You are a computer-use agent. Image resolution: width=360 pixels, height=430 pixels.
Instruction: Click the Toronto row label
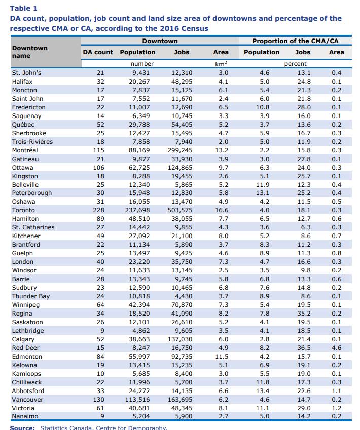click(23, 210)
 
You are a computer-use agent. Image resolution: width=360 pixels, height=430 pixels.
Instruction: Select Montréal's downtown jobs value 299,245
click(180, 150)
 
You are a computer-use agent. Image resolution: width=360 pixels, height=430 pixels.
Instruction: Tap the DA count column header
click(98, 52)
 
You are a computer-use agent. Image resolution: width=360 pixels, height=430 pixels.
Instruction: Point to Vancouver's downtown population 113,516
click(137, 400)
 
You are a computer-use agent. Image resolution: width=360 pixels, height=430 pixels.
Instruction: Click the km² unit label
click(221, 64)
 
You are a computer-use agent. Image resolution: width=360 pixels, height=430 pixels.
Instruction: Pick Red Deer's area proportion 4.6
click(336, 348)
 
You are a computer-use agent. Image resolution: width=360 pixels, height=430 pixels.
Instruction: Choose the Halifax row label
click(22, 82)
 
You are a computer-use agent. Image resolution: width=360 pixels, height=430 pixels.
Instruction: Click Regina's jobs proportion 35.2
click(304, 314)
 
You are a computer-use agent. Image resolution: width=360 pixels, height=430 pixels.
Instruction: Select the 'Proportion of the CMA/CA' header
click(295, 41)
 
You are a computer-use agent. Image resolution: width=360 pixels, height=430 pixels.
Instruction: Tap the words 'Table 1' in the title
click(24, 8)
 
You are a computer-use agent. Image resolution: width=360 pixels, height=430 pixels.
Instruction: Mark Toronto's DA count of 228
click(98, 210)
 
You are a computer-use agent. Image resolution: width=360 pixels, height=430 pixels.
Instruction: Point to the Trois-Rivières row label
click(32, 142)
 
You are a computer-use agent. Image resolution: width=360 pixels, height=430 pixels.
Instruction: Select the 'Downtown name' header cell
click(29, 52)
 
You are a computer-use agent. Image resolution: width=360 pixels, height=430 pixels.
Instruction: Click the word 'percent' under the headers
click(295, 64)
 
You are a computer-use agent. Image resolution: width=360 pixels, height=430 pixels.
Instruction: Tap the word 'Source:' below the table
click(22, 427)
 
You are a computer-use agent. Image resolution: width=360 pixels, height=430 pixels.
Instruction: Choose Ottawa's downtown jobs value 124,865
click(180, 168)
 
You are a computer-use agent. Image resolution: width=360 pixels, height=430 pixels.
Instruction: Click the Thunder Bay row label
click(31, 296)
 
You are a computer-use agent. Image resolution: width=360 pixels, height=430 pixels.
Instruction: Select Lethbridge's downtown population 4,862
click(141, 331)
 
